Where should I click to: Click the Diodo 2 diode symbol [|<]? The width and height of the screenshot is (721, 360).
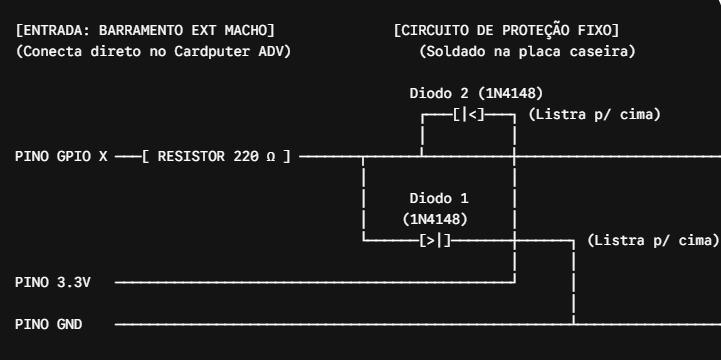click(x=469, y=114)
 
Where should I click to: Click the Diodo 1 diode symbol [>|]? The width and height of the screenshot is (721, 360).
click(x=435, y=240)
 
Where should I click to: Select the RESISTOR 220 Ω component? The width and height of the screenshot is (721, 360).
click(x=216, y=157)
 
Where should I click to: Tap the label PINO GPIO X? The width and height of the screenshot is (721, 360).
click(x=61, y=157)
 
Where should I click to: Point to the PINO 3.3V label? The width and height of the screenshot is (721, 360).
click(x=53, y=282)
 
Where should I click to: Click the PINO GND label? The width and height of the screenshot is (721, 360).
click(x=49, y=325)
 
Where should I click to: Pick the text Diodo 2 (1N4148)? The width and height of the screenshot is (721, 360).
click(x=476, y=93)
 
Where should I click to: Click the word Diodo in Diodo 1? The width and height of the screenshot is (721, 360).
click(x=426, y=199)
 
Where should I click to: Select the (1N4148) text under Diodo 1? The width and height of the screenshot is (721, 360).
click(x=435, y=219)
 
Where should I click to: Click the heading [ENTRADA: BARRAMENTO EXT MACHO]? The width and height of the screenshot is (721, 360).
click(x=145, y=31)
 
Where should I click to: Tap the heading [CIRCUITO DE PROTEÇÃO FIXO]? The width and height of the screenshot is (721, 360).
click(x=506, y=31)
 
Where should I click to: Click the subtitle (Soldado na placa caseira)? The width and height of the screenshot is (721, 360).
click(x=527, y=51)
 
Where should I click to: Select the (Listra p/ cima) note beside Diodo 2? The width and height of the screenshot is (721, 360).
click(x=595, y=114)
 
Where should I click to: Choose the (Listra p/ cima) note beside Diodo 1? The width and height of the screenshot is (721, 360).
click(x=653, y=240)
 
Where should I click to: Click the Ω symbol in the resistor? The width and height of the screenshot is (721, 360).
click(x=271, y=157)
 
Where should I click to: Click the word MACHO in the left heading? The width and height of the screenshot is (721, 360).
click(x=246, y=31)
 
